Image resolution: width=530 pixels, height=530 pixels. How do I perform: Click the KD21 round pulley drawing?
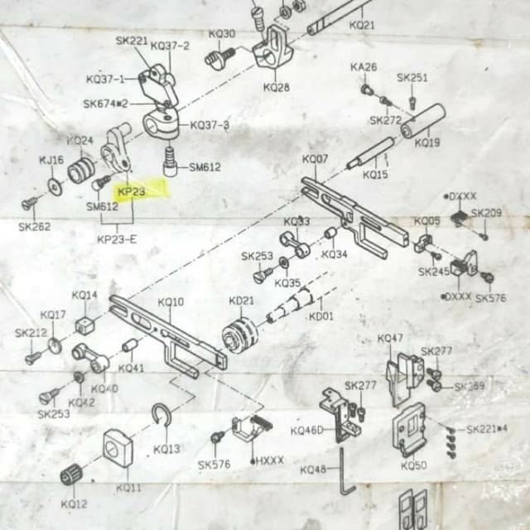point(240,335)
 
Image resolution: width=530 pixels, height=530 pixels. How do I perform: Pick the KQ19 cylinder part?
point(423,121)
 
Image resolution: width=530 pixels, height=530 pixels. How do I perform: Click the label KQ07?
point(315,158)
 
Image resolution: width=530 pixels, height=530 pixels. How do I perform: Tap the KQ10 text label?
point(171,302)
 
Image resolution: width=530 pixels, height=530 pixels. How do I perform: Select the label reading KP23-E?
point(117,239)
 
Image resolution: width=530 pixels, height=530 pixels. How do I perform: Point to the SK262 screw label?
point(35,225)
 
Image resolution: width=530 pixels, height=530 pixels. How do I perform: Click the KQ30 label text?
point(222,34)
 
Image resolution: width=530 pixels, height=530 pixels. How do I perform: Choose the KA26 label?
point(364,67)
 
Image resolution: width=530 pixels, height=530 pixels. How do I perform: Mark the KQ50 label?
point(413,465)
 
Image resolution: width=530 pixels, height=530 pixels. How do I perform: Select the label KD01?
point(320,316)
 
